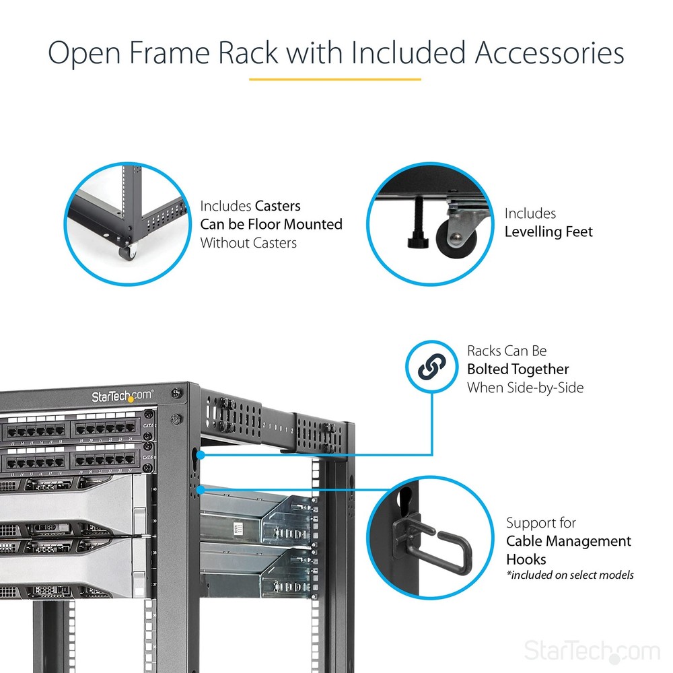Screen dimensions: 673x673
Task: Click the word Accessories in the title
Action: [x=549, y=53]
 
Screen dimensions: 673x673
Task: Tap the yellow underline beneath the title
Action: [x=334, y=79]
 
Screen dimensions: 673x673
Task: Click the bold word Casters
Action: [x=277, y=206]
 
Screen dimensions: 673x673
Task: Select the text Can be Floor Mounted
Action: [x=271, y=224]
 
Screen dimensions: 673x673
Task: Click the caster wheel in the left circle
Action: [x=127, y=252]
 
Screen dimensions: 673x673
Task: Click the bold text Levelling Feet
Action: [x=548, y=232]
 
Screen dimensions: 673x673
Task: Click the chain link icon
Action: [x=431, y=367]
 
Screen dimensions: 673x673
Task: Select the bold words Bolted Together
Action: [x=518, y=369]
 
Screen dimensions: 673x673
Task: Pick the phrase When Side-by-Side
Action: [x=526, y=387]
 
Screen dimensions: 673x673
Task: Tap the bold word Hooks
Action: [x=526, y=559]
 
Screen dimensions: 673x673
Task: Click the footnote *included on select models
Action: [x=569, y=575]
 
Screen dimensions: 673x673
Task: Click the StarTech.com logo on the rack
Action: [x=122, y=396]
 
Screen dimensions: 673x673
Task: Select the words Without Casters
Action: [x=248, y=242]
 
